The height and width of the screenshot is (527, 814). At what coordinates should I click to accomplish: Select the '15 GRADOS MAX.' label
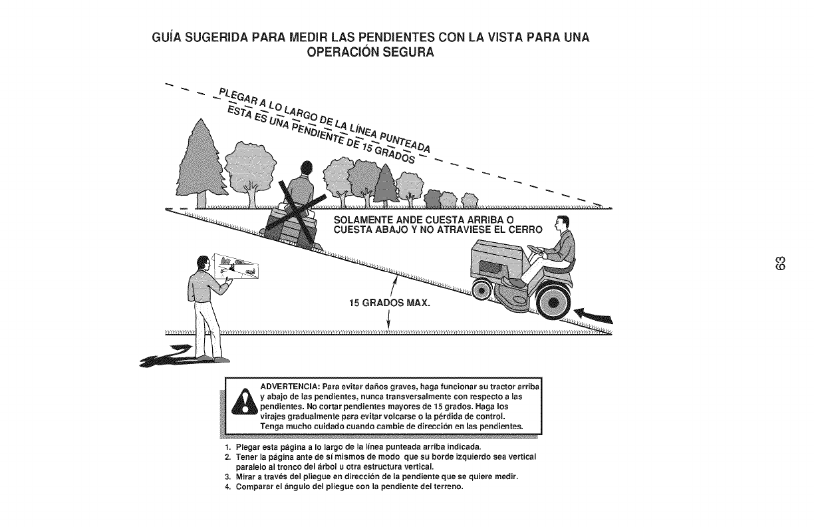[390, 305]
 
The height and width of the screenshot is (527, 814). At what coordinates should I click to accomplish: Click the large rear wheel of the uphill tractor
[551, 302]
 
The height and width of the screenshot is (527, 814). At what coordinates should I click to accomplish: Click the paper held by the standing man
[236, 267]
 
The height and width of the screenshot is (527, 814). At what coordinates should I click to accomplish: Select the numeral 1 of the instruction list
[228, 445]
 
